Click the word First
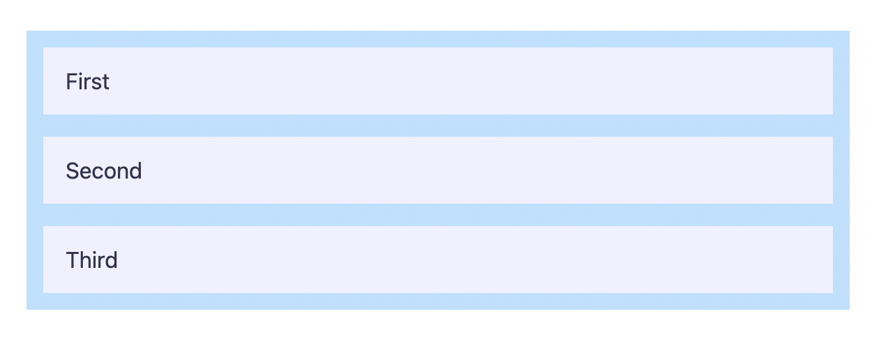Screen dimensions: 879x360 coord(87,82)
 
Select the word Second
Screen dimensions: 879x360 coord(103,171)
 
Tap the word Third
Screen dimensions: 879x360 coord(91,260)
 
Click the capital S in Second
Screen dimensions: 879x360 coord(71,171)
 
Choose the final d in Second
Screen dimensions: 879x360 coord(135,171)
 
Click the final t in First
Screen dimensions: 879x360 coord(105,82)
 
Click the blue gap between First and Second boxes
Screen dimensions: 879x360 coord(438,126)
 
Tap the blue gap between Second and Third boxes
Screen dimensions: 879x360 coord(438,215)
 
